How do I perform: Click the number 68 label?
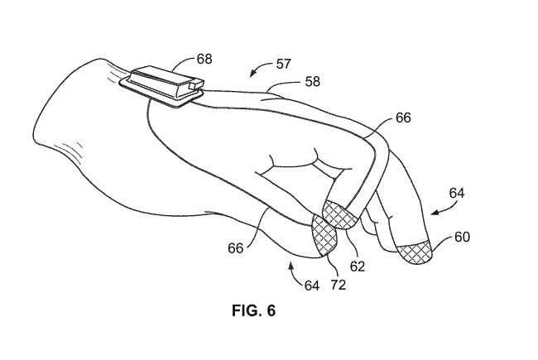[204, 59]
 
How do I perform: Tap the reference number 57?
[283, 65]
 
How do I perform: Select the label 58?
[312, 82]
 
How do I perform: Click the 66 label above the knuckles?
[403, 118]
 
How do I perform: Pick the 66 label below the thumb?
[235, 248]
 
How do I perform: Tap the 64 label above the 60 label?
[457, 193]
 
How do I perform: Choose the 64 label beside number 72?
[312, 286]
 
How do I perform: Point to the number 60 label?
[462, 237]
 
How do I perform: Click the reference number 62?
[358, 266]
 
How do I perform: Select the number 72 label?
[339, 285]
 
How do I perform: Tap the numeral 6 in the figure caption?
[271, 310]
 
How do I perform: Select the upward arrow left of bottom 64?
[295, 273]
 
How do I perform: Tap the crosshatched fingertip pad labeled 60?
[414, 253]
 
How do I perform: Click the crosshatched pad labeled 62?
[339, 215]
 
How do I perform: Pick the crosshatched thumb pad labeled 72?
[324, 235]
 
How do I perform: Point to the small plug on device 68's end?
[195, 84]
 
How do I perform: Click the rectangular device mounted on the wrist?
[161, 86]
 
